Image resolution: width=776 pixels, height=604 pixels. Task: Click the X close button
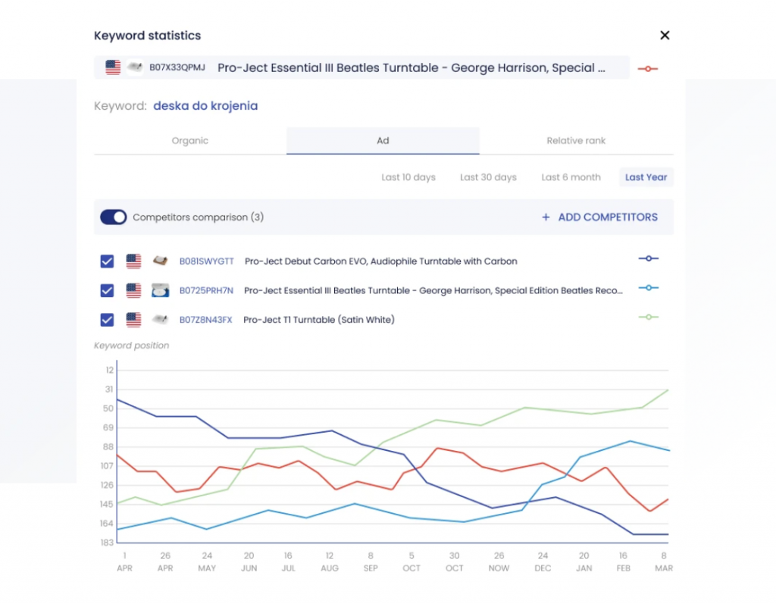tap(665, 35)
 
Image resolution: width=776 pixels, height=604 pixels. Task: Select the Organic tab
tap(190, 140)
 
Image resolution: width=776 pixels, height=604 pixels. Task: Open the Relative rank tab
tap(576, 140)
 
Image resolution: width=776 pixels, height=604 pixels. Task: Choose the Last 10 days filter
tap(408, 177)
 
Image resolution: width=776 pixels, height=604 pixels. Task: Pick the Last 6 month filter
tap(571, 177)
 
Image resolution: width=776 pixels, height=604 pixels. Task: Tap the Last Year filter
tap(646, 177)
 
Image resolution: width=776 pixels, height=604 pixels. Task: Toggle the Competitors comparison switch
tap(114, 218)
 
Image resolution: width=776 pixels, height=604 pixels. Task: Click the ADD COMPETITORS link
tap(599, 218)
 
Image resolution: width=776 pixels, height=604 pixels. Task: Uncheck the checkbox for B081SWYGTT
tap(108, 261)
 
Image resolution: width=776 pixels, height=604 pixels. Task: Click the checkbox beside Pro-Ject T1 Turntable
tap(108, 320)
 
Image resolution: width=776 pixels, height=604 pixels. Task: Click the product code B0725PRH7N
tap(206, 290)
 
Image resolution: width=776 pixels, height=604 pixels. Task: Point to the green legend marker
tap(649, 317)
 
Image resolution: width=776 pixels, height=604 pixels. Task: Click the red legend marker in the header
tap(648, 68)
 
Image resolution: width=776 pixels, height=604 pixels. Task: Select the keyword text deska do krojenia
tap(205, 106)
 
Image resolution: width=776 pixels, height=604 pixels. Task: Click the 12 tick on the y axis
tap(109, 370)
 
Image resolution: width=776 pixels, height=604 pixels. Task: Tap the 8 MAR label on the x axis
tap(664, 562)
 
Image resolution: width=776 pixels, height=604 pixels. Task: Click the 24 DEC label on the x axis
tap(543, 562)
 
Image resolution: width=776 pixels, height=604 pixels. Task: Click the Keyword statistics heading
tap(147, 36)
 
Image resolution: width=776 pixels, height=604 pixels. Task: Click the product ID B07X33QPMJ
tap(177, 67)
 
